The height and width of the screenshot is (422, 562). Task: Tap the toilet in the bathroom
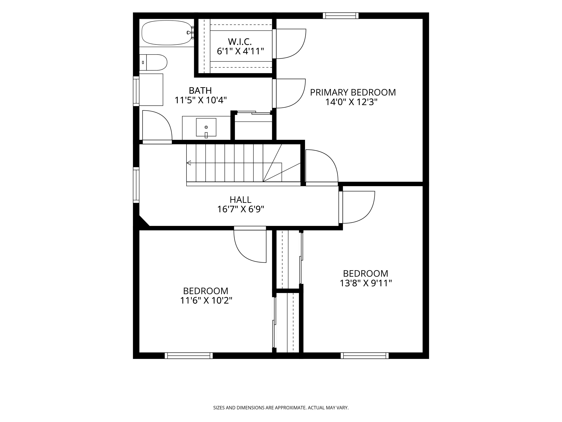click(153, 62)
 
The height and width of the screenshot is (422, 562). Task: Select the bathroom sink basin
click(206, 127)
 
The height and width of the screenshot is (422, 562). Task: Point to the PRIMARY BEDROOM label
click(353, 92)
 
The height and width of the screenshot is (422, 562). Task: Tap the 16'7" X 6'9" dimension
click(241, 209)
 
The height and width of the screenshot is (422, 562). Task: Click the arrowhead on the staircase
click(189, 163)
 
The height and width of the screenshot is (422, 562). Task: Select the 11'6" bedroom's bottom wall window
click(189, 356)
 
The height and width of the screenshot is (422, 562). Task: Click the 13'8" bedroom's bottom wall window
click(365, 356)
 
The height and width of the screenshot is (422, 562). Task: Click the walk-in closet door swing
click(297, 51)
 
